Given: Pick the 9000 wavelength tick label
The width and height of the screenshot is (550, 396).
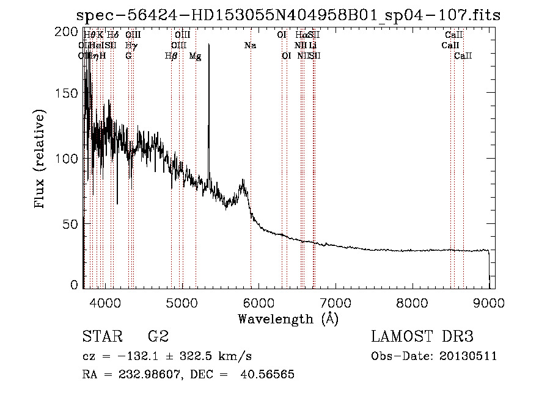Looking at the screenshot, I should (x=490, y=301).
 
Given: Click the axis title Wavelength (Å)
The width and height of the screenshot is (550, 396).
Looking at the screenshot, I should (x=288, y=318).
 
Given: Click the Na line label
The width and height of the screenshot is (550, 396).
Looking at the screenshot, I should (x=249, y=46).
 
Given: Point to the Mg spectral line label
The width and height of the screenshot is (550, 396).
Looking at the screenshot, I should (x=195, y=56).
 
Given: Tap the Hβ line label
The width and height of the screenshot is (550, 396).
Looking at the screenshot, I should (x=171, y=56).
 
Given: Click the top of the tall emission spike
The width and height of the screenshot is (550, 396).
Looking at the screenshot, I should (x=209, y=45).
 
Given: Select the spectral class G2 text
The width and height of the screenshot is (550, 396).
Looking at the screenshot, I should (x=158, y=337).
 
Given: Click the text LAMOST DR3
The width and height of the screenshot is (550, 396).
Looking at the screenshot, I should (x=422, y=337).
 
